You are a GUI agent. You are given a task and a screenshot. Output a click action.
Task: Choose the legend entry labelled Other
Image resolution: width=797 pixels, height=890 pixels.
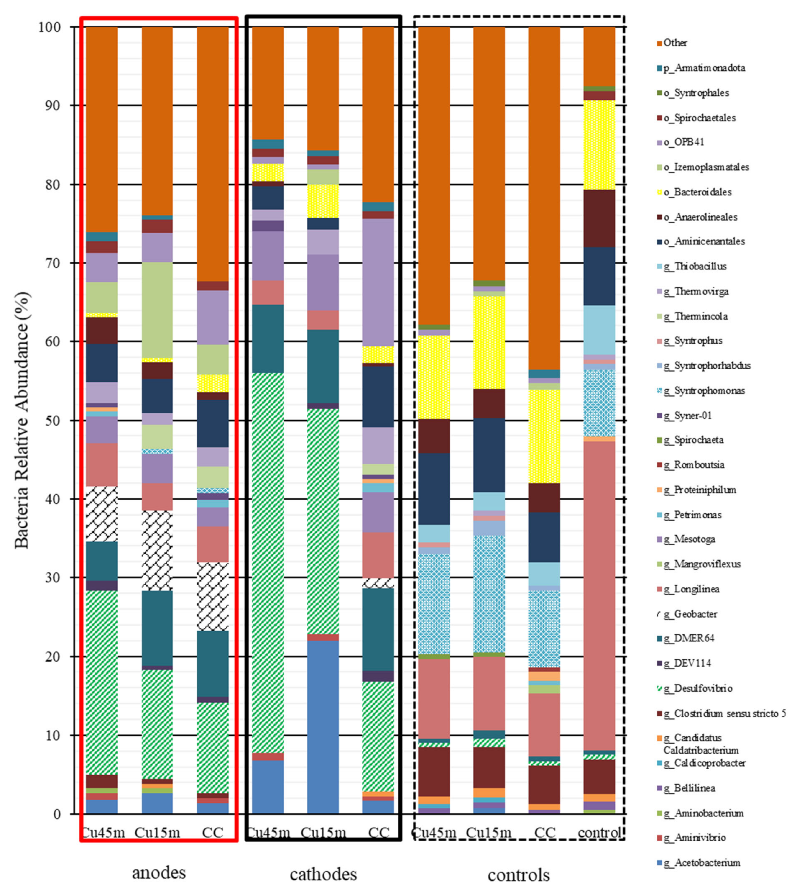pyautogui.click(x=675, y=43)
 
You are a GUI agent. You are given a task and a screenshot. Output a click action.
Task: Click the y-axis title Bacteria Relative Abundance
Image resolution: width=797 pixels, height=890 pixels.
pyautogui.click(x=22, y=421)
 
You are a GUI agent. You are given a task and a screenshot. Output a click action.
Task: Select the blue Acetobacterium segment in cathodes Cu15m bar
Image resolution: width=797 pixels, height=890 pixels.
pyautogui.click(x=323, y=727)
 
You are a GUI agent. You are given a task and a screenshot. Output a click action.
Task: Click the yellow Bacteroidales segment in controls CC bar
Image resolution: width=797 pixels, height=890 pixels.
pyautogui.click(x=544, y=436)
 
